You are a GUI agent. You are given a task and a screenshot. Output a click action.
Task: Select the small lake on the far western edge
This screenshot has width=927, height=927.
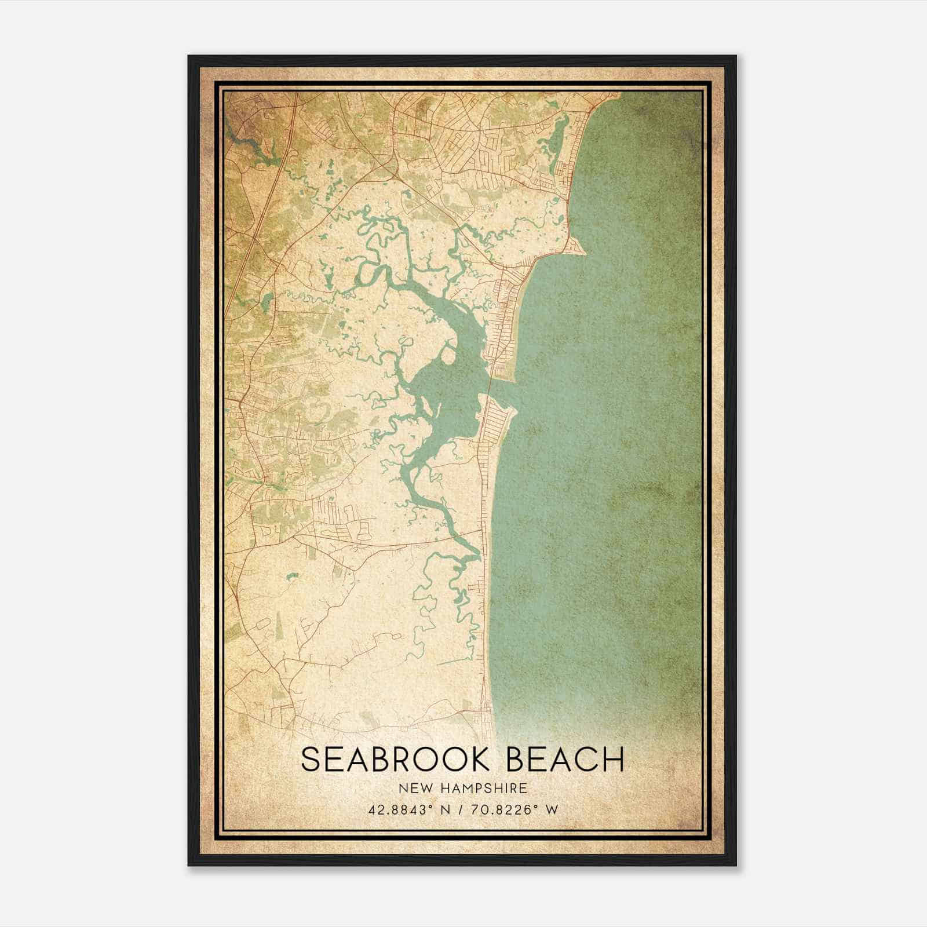click(x=267, y=301)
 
